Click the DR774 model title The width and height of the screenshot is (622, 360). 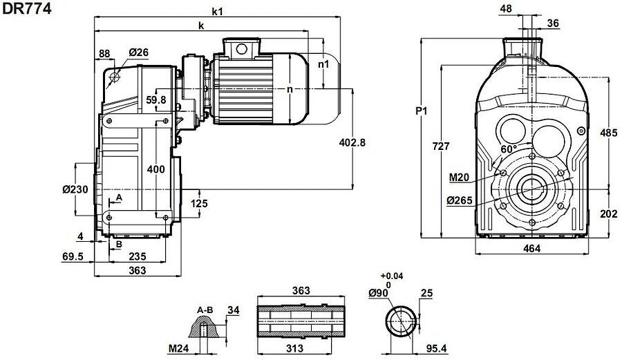pyautogui.click(x=27, y=10)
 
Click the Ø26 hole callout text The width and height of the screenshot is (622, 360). pyautogui.click(x=139, y=53)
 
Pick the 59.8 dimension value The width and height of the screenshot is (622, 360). pyautogui.click(x=157, y=100)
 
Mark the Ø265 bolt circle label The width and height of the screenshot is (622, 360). pyautogui.click(x=458, y=200)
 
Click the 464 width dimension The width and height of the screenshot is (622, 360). pyautogui.click(x=531, y=248)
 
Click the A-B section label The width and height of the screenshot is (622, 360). pyautogui.click(x=205, y=309)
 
